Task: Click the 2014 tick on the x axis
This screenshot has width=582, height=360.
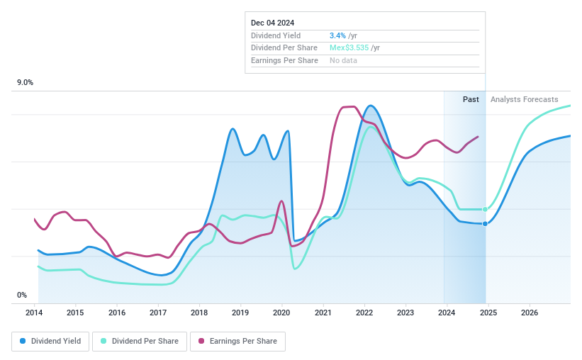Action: pyautogui.click(x=35, y=312)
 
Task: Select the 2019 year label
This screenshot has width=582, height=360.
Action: pyautogui.click(x=240, y=312)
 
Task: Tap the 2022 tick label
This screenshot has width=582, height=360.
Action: pyautogui.click(x=364, y=312)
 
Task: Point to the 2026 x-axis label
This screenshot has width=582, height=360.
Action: pyautogui.click(x=529, y=312)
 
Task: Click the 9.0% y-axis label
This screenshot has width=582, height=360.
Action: pyautogui.click(x=26, y=83)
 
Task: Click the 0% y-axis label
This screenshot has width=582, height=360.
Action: pyautogui.click(x=22, y=295)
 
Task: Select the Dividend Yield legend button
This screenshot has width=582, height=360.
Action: pyautogui.click(x=50, y=341)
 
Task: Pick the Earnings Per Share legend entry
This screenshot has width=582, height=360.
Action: pyautogui.click(x=237, y=341)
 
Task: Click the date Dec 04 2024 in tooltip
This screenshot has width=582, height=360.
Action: pyautogui.click(x=272, y=23)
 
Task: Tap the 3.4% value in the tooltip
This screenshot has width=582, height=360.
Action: pyautogui.click(x=337, y=35)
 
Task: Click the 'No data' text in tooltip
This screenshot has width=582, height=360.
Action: pyautogui.click(x=343, y=60)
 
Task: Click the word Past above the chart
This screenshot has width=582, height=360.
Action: pyautogui.click(x=471, y=99)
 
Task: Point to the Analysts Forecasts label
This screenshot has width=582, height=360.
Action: pyautogui.click(x=524, y=99)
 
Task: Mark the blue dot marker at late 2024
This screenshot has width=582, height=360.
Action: pyautogui.click(x=485, y=224)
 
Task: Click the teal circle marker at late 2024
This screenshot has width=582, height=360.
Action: pyautogui.click(x=485, y=209)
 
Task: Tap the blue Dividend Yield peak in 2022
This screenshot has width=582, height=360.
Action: pyautogui.click(x=370, y=106)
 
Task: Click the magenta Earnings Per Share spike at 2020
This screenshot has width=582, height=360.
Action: pyautogui.click(x=281, y=201)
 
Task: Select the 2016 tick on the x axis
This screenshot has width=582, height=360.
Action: pyautogui.click(x=117, y=312)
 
